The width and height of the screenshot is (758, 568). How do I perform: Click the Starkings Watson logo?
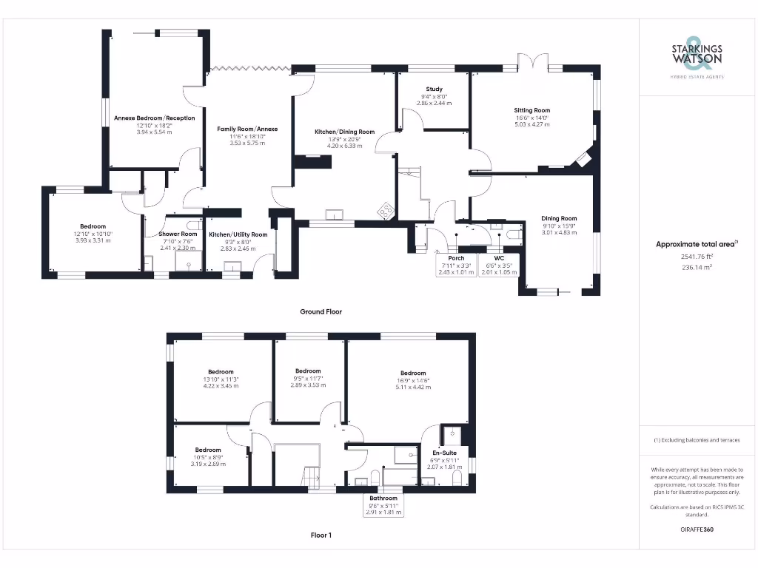click(697, 55)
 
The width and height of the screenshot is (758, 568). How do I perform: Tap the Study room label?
click(434, 89)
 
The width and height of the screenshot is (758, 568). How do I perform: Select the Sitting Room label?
click(532, 110)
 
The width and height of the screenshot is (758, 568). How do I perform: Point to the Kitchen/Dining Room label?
click(344, 132)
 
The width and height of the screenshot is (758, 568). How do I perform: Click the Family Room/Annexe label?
click(247, 129)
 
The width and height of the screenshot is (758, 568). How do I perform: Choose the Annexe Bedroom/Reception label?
click(154, 118)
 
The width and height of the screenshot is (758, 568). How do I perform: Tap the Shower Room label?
click(178, 234)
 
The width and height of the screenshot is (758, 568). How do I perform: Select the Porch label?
click(456, 258)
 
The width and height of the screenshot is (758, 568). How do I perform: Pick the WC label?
click(499, 258)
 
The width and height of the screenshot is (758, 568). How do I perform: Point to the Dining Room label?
click(559, 218)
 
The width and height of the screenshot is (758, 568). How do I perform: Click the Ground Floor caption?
click(321, 311)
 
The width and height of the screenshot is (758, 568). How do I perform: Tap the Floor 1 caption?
click(321, 535)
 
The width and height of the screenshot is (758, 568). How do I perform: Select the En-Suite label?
click(444, 453)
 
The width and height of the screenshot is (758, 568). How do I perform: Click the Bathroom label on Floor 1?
click(384, 498)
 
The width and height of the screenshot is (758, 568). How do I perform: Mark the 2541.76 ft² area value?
click(697, 257)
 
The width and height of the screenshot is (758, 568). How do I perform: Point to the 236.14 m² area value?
click(697, 270)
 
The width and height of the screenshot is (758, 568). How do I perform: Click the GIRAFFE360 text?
click(697, 530)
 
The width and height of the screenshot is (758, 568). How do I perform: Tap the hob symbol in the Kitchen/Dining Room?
click(386, 212)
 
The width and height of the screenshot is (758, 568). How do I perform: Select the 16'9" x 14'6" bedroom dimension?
click(412, 380)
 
